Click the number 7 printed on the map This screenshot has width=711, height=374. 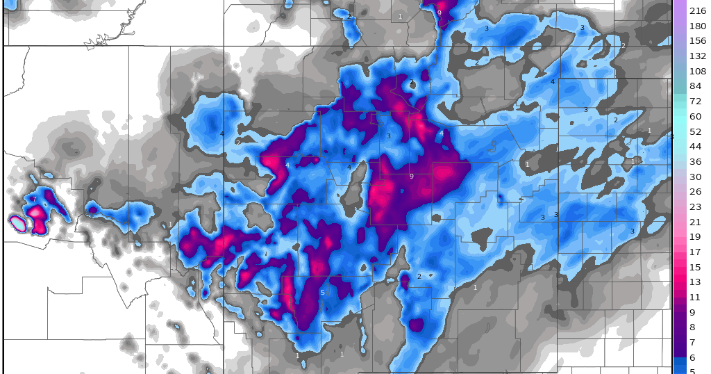pos(34,200)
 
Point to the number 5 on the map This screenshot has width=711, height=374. pos(322,293)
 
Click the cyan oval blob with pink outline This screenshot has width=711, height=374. pos(17,223)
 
